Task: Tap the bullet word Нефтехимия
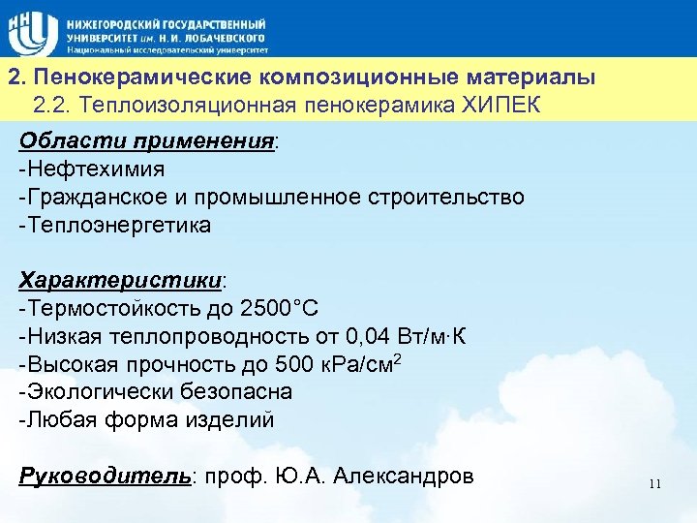click(96, 169)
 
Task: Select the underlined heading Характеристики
click(121, 281)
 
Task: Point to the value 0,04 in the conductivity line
click(369, 337)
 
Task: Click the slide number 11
click(655, 484)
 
